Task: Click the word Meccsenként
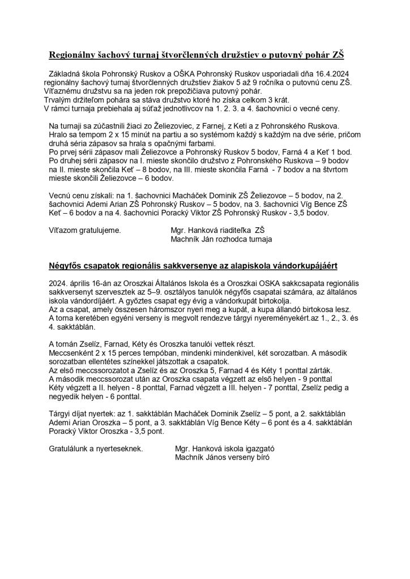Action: (72, 353)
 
